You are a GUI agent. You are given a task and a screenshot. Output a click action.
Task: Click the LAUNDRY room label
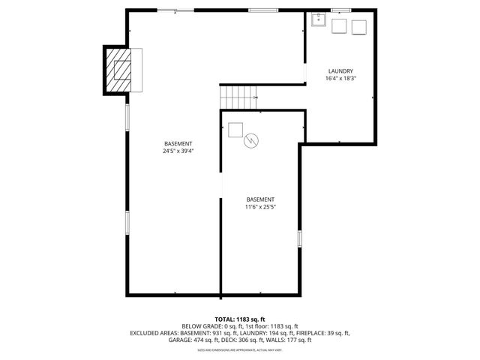coord(340,71)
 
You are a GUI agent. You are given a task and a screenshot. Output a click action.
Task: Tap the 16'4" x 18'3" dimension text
coord(340,78)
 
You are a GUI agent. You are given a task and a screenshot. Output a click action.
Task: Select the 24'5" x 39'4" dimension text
coord(178,151)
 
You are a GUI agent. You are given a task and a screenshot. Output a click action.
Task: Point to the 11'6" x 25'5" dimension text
coord(260,206)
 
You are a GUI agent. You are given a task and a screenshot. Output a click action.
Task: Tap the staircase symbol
coord(238,96)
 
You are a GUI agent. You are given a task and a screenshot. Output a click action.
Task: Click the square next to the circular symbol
coord(235,129)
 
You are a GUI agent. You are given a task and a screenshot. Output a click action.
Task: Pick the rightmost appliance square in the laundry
coord(359,26)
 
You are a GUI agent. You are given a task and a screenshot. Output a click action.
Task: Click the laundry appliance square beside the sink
coord(338,26)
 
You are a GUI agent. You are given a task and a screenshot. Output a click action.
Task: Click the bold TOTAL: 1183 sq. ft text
coord(239,319)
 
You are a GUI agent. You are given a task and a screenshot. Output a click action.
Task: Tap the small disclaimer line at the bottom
coord(239,349)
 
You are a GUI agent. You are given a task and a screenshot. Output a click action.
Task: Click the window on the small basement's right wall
coord(299,238)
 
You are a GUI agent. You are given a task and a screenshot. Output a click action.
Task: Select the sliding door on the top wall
coord(177,10)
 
